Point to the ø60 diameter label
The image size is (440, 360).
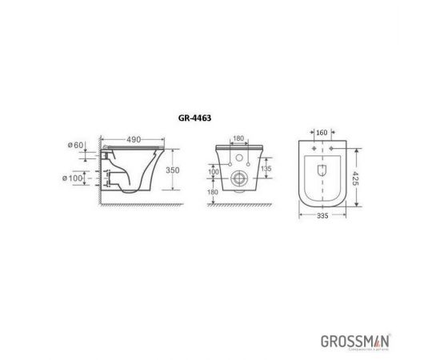click(x=77, y=146)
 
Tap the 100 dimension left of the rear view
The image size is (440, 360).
click(x=214, y=172)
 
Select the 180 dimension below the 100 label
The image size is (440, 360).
click(x=214, y=192)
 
